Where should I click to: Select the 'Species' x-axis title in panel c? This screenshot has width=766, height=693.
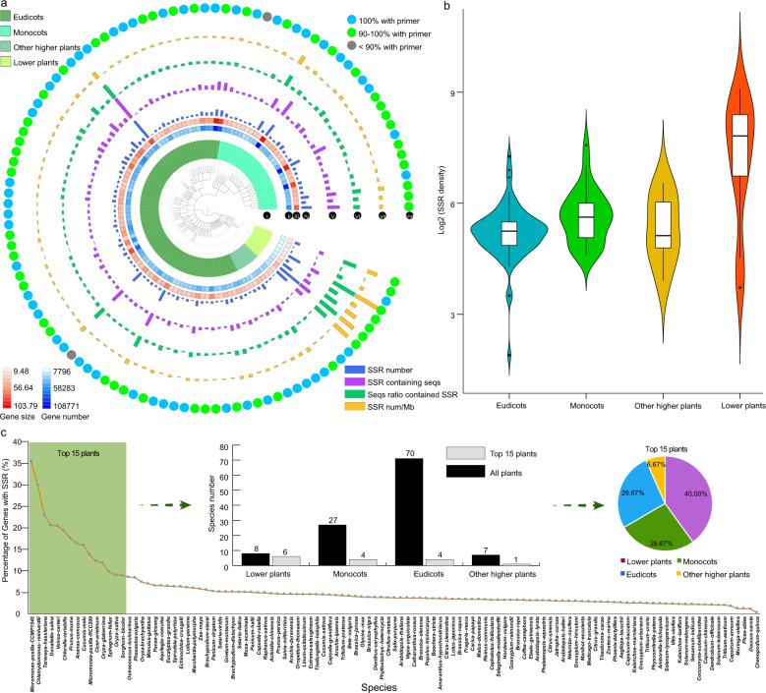pos(383,686)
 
